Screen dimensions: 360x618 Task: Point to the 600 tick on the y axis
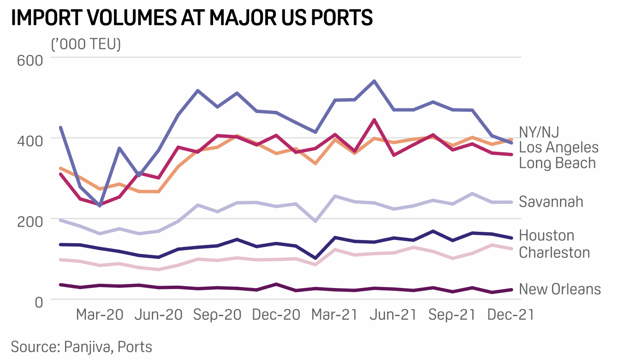tap(30, 61)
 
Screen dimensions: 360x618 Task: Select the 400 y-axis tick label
tap(30, 139)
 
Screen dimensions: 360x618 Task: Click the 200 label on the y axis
tap(30, 221)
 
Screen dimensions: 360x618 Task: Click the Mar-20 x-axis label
tap(100, 315)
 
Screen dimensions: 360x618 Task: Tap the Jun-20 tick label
tap(159, 315)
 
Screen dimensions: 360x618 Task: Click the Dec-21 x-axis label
tap(511, 315)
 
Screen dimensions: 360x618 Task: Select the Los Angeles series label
tap(559, 148)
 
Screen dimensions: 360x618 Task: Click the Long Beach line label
tap(557, 163)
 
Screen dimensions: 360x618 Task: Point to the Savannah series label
tap(551, 202)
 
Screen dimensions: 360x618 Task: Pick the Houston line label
tap(547, 236)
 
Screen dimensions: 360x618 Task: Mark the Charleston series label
tap(554, 252)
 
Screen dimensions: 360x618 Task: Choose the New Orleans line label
tap(560, 289)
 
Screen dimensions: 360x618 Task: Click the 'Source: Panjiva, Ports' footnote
tap(82, 347)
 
